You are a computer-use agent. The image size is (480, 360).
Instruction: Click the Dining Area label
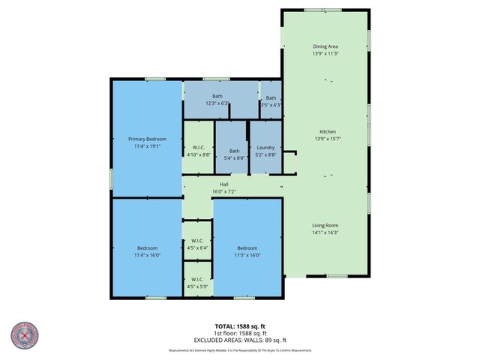point(325,46)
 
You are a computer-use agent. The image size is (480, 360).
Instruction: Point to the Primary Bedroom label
point(147,139)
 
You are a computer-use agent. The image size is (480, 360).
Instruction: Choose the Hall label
point(223,184)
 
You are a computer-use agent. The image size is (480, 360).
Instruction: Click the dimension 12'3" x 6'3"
point(217,103)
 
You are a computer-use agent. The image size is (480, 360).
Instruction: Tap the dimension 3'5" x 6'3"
point(270,105)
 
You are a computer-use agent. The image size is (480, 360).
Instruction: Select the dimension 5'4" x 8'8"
point(235,158)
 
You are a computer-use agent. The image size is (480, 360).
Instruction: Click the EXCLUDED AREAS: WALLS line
point(239,340)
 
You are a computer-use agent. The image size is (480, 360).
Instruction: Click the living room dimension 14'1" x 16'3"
point(326,232)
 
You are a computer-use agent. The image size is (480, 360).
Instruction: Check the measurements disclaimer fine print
point(239,350)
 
